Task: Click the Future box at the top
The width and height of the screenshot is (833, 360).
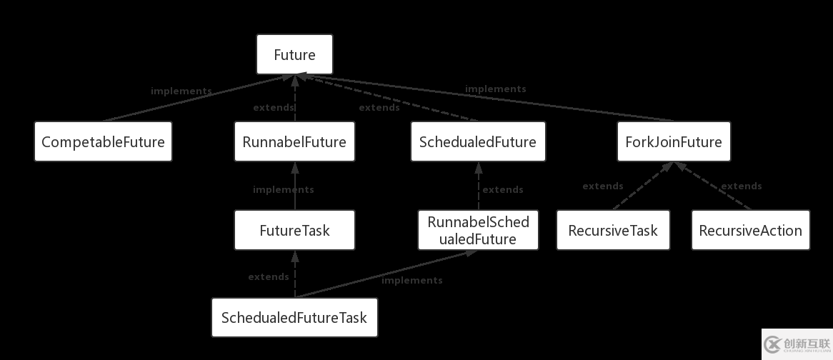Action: tap(294, 55)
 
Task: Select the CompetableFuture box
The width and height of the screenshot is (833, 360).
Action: tap(103, 141)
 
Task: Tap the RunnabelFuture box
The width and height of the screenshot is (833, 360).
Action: tap(294, 141)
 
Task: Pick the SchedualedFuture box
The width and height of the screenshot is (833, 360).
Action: tap(478, 141)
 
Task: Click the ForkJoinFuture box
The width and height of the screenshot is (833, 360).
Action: tap(674, 141)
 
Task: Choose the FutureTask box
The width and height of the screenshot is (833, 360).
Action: tap(294, 230)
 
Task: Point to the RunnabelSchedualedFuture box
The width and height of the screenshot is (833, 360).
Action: tap(478, 230)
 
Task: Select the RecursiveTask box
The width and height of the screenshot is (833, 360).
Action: tap(613, 230)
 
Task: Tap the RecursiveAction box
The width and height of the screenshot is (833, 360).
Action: tap(750, 230)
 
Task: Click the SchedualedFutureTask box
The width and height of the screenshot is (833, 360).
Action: tap(294, 317)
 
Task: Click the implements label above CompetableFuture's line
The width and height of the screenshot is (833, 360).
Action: tap(181, 91)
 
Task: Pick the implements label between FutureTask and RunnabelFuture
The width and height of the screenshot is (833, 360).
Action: tap(284, 190)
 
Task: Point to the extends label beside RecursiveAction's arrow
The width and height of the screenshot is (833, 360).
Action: tap(742, 186)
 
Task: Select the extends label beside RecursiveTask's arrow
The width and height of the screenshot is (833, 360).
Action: tap(603, 186)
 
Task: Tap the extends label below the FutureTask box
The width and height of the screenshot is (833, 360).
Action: tap(269, 277)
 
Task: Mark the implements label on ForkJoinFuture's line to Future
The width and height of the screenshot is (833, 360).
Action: tap(496, 89)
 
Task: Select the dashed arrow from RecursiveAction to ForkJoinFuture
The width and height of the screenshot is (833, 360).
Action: tap(714, 187)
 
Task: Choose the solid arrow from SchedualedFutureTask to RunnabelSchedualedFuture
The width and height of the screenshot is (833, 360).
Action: tap(386, 274)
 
